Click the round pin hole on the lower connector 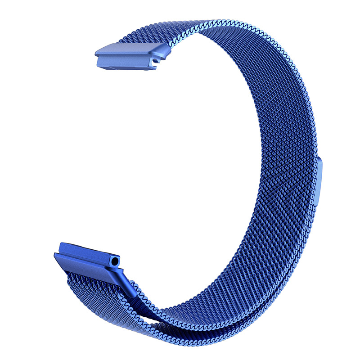tap(117, 261)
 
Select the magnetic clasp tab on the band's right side tap(319, 180)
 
